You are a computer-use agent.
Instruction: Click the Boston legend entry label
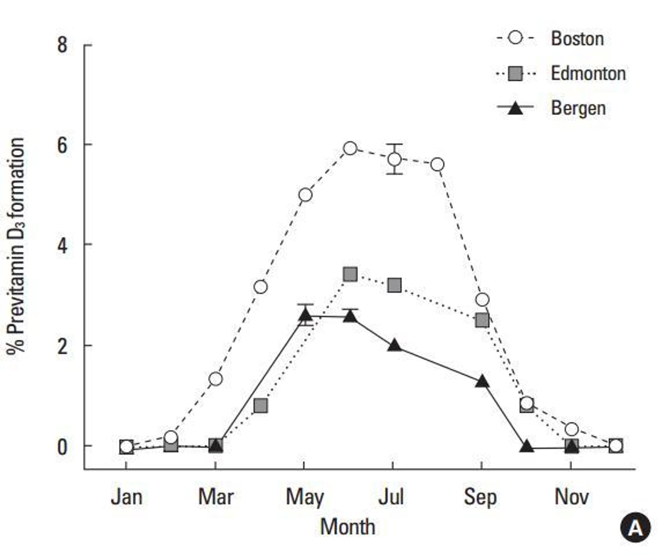[577, 39]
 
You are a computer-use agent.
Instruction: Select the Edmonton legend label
[588, 73]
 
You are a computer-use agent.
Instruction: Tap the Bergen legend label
[578, 108]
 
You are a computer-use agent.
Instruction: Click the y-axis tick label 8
[62, 45]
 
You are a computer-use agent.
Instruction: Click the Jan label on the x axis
[126, 497]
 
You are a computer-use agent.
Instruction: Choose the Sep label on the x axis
[480, 497]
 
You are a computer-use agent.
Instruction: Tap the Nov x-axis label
[571, 497]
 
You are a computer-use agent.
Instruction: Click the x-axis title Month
[348, 527]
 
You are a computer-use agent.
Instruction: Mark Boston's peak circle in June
[350, 148]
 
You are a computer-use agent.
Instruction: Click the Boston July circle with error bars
[395, 159]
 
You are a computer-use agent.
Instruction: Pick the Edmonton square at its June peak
[350, 274]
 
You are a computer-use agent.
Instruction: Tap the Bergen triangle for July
[395, 346]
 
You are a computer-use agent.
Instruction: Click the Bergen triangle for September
[482, 381]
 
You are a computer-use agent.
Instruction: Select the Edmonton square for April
[261, 406]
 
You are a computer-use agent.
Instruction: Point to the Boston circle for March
[215, 379]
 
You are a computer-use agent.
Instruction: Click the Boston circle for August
[437, 165]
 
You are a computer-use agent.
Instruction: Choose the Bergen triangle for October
[526, 447]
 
